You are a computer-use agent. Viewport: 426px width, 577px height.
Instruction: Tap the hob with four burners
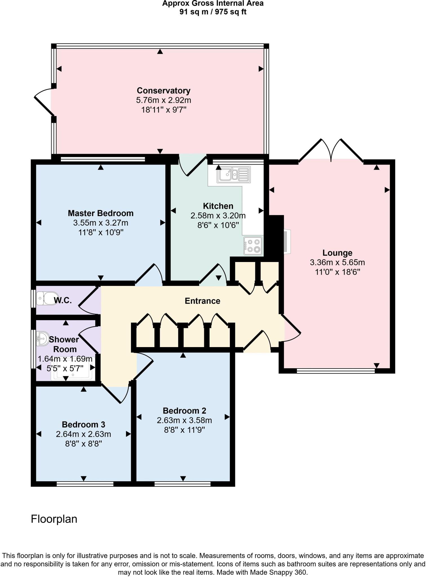coord(253,246)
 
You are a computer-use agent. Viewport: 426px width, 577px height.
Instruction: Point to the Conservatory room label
coord(163,91)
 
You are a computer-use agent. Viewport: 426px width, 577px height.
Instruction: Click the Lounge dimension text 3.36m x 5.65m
coord(337,263)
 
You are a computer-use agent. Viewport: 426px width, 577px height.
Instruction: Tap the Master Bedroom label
coord(101,213)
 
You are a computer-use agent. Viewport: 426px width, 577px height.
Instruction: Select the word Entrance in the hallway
coord(202,301)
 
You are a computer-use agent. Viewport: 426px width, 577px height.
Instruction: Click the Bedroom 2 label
coord(184,410)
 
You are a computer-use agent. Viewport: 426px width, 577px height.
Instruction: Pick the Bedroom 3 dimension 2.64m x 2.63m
coord(83,434)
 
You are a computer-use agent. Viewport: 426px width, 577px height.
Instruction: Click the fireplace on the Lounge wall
coord(287,241)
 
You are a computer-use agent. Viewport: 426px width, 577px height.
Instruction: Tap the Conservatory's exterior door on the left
coord(44,102)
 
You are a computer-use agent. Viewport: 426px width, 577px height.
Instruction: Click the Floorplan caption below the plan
coord(54,519)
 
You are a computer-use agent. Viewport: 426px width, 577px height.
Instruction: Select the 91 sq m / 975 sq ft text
coord(213,12)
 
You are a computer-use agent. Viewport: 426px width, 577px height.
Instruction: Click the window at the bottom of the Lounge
coord(336,371)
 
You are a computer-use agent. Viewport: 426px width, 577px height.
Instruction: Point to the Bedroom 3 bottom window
coord(85,484)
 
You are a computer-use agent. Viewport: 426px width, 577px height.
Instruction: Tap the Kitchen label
coord(218,206)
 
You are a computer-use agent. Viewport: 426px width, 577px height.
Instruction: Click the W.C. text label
coord(63,301)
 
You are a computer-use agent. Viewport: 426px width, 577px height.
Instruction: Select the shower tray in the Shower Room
coord(73,372)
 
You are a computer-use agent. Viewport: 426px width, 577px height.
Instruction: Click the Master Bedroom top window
coord(103,159)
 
